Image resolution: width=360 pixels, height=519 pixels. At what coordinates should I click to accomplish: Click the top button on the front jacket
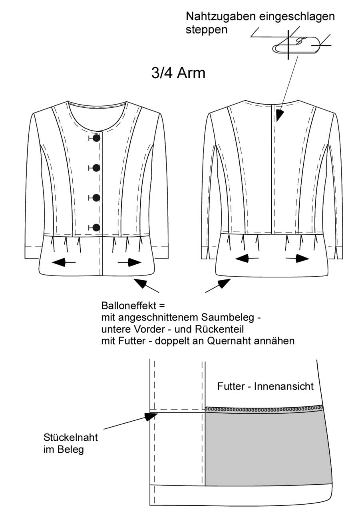click(x=96, y=138)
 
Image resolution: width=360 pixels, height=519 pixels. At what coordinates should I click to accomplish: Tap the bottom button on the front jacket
click(x=96, y=228)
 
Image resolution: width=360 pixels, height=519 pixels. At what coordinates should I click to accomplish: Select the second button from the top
click(x=96, y=168)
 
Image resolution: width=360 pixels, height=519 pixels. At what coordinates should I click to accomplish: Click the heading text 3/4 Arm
click(x=178, y=73)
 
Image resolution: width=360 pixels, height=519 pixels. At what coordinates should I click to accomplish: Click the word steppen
click(x=207, y=30)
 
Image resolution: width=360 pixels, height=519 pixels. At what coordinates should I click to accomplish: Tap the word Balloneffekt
click(x=129, y=306)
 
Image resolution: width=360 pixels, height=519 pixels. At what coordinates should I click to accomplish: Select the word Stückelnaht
click(x=70, y=438)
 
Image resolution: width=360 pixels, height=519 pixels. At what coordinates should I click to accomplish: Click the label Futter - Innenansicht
click(x=265, y=386)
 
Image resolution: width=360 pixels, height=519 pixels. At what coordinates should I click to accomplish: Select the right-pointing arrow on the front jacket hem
click(x=129, y=262)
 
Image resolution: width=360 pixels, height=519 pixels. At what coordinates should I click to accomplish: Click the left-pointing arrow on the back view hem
click(x=247, y=258)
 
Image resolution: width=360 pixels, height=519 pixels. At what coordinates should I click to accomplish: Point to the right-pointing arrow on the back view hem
click(x=297, y=258)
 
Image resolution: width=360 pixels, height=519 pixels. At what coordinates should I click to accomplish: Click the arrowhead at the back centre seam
click(x=280, y=115)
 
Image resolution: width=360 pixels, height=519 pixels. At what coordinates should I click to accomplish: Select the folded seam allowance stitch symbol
click(x=296, y=45)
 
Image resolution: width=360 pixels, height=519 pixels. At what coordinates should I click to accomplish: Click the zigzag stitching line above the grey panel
click(x=264, y=409)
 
